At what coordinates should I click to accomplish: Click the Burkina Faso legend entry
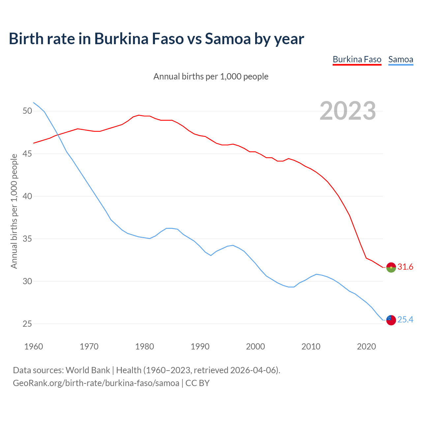pos(357,60)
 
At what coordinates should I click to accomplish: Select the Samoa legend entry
pos(401,60)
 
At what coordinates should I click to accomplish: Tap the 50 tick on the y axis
pos(27,111)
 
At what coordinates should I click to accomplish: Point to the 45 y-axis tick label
pos(27,154)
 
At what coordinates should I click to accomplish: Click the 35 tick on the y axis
pos(27,239)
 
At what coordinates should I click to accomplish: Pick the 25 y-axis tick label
pos(27,324)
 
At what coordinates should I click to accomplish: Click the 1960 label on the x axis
pos(34,347)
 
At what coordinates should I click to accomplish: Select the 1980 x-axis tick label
pos(144,347)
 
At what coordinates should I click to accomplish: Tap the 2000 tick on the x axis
pos(256,347)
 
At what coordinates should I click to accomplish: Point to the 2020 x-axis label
pos(366,347)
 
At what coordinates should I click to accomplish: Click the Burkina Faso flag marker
pos(391,267)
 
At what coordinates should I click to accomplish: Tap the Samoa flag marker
pos(391,320)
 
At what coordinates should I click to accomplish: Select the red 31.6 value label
pos(405,267)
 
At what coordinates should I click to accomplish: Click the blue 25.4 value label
pos(405,320)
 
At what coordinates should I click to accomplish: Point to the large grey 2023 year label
pos(348,111)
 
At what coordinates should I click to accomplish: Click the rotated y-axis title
pos(14,211)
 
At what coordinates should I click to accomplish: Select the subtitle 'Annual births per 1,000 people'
pos(211,76)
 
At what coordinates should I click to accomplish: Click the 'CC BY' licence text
pos(197,383)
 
